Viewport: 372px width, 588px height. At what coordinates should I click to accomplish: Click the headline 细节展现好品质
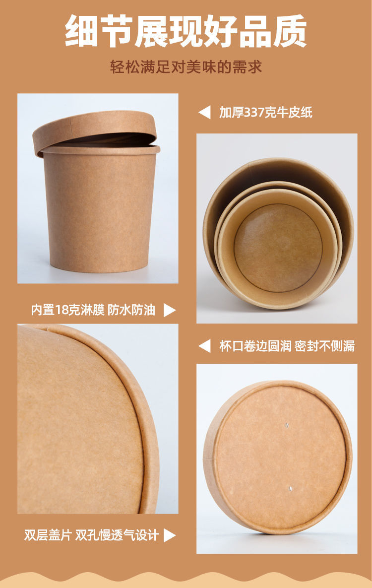coord(186,31)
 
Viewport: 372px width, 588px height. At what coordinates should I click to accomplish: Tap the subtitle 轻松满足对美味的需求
coord(186,67)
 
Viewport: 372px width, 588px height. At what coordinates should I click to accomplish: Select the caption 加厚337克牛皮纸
coord(265,112)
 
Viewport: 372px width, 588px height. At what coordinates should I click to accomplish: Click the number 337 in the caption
coord(254,112)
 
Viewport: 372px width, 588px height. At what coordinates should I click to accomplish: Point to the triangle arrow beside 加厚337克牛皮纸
coord(205,112)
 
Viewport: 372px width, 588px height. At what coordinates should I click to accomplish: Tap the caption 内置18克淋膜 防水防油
coord(93,310)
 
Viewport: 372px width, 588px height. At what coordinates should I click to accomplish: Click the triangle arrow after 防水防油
coord(170,310)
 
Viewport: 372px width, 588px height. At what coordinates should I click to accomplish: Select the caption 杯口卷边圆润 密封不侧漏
coord(287,346)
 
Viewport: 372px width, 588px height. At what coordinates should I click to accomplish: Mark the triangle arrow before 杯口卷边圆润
coord(205,346)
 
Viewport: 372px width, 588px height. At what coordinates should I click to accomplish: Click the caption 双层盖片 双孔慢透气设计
coord(91,535)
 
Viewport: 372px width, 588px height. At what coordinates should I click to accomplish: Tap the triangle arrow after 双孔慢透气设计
coord(170,535)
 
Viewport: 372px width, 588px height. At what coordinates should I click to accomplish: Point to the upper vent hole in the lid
coord(287,425)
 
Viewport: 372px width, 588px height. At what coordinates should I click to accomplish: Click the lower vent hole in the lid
coord(290,489)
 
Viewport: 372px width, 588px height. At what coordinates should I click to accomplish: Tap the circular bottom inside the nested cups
coord(278,248)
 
